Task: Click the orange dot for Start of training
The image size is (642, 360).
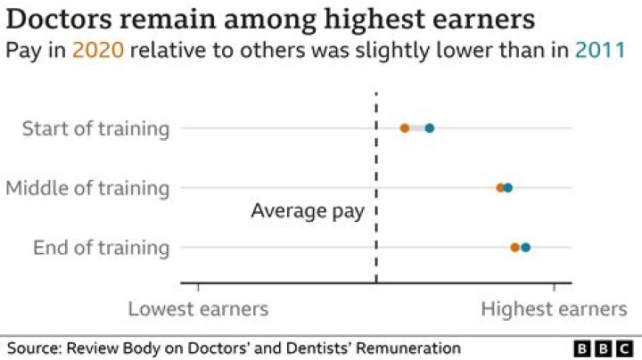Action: [405, 128]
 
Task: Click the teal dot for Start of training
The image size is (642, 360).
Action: [430, 128]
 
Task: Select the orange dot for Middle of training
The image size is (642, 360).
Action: [501, 188]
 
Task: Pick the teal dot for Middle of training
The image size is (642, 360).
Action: [508, 188]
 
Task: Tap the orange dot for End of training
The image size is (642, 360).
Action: [515, 247]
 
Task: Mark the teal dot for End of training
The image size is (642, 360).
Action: [526, 247]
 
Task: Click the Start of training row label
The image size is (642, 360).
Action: [95, 128]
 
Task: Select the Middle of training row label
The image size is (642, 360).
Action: [87, 188]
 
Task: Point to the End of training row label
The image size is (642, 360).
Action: [101, 247]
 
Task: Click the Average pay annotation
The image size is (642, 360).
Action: [308, 211]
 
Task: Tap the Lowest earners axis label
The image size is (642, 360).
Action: [198, 309]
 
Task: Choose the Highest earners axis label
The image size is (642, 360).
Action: [554, 309]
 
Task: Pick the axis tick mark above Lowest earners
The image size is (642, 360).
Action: [198, 287]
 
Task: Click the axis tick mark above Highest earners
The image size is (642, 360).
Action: [555, 287]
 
